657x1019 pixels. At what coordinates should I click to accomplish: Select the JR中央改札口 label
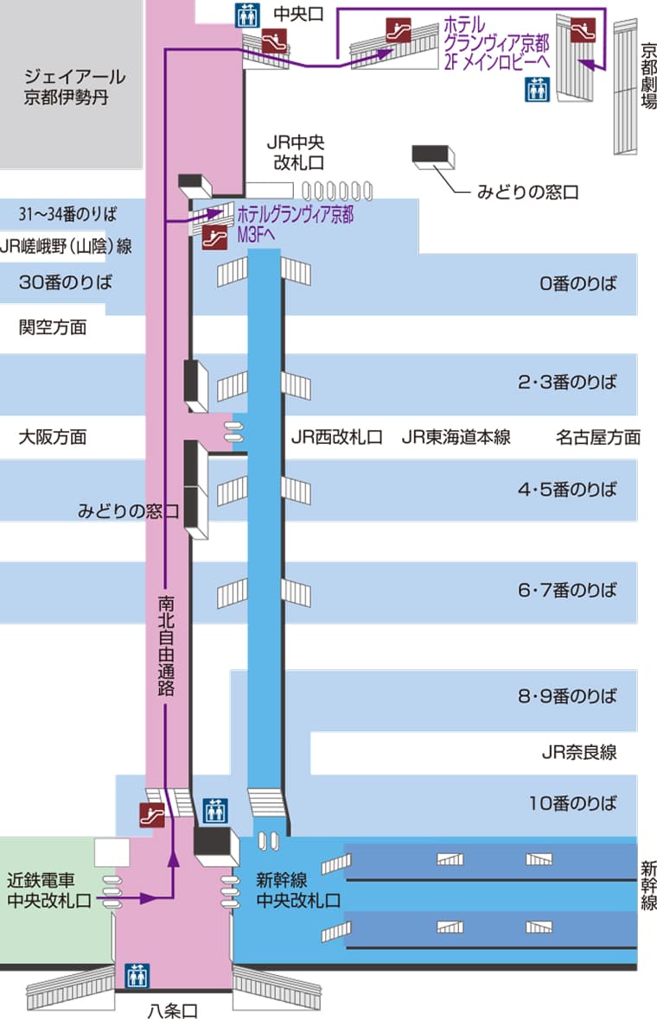coord(296,153)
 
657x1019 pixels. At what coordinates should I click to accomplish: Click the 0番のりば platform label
coord(578,283)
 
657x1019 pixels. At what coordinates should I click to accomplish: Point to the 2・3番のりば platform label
coord(567,382)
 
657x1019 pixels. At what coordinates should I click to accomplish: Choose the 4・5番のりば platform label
coord(567,490)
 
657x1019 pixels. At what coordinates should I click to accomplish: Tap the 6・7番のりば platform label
coord(567,591)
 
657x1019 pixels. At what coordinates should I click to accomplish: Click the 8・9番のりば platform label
coord(567,696)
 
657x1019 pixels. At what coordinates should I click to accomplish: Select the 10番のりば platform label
coord(573,803)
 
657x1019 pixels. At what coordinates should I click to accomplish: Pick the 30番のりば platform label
coord(67,282)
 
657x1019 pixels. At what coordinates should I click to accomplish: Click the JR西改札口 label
coord(336,437)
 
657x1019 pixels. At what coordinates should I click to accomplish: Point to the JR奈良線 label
coord(578,751)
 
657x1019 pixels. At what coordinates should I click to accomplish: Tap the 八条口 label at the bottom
coord(173,1010)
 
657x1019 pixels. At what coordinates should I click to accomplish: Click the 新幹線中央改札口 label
coord(298,890)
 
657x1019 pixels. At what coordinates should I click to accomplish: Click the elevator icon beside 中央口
coord(246,15)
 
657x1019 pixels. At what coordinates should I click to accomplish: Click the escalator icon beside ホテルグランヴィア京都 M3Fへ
coord(207,238)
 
